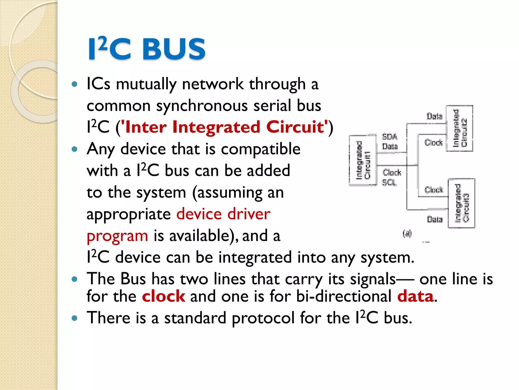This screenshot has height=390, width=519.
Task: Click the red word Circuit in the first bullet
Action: pos(295,127)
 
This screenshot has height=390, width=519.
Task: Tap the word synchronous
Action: pos(202,106)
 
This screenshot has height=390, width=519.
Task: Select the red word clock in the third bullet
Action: pos(163,296)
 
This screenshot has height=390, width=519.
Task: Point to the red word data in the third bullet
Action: pos(415,296)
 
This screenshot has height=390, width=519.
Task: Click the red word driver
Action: pos(249,214)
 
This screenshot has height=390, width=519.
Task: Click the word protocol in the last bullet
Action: pos(263,318)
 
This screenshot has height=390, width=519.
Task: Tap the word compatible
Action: pos(261,149)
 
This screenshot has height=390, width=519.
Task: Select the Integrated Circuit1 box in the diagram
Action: pos(363,160)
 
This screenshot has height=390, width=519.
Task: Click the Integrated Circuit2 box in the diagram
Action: pos(459,128)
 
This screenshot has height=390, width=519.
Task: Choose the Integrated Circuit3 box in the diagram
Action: pos(461,203)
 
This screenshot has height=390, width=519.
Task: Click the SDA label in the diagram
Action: pos(390,137)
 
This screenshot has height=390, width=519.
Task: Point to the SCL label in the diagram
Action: pos(389,182)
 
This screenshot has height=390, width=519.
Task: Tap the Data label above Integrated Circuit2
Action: pos(434,116)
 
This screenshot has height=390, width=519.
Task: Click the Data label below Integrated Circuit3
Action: pos(434,219)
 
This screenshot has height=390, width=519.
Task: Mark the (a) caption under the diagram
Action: pos(407,233)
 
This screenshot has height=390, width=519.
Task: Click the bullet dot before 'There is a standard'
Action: pos(74,318)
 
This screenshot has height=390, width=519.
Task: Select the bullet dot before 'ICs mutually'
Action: pos(74,84)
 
